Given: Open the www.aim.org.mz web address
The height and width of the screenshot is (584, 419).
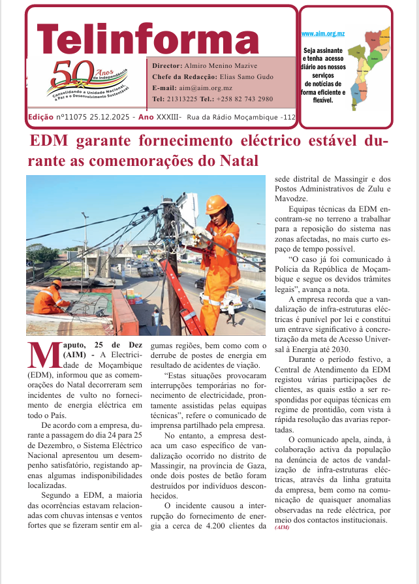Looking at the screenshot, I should tap(322, 33).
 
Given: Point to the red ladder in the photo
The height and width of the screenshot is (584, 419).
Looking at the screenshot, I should tap(183, 294).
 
